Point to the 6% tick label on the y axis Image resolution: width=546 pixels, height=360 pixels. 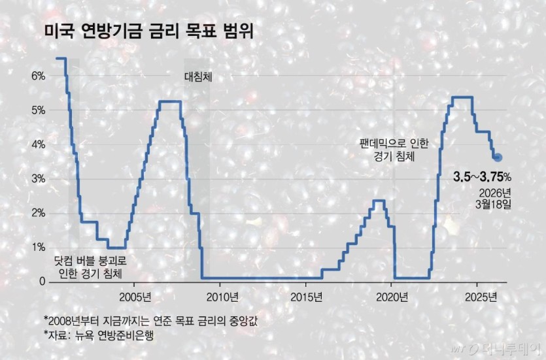point(38,76)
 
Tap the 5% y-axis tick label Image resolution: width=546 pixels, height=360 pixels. point(38,110)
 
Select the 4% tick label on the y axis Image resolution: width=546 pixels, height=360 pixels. point(38,144)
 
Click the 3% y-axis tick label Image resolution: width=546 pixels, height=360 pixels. point(38,179)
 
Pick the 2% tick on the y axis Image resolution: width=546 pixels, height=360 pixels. point(38,213)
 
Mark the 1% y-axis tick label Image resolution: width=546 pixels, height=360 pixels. point(38,248)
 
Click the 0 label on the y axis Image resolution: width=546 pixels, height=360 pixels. point(42,282)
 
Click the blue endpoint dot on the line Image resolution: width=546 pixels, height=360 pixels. point(498,157)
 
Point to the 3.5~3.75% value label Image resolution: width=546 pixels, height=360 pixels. point(482,176)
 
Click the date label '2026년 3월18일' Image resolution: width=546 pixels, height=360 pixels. point(494,198)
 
